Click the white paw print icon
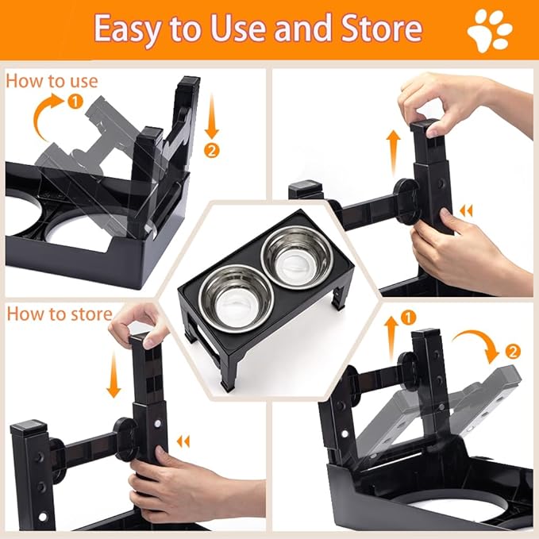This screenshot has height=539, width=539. tap(490, 30)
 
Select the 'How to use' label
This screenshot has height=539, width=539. tap(52, 81)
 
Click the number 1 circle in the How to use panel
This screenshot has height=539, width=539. tap(75, 102)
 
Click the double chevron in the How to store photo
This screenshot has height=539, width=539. tap(184, 441)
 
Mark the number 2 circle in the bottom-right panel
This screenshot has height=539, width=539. tap(514, 350)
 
